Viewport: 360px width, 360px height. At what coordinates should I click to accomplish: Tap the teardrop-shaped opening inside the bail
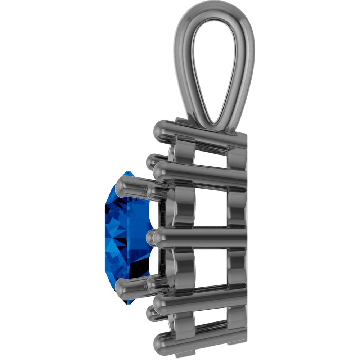[x=215, y=72]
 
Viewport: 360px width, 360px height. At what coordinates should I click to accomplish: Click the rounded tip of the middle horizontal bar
[x=158, y=237]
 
